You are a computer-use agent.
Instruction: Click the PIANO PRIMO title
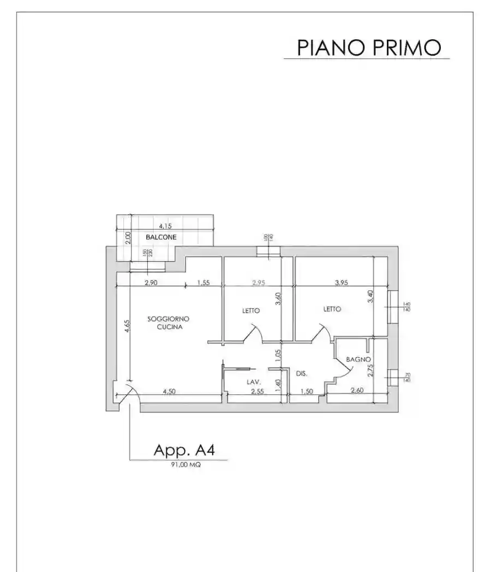(x=369, y=47)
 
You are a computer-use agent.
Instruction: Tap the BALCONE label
(x=161, y=237)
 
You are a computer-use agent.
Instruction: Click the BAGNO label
(x=358, y=360)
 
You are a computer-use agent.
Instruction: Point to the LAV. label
(x=253, y=382)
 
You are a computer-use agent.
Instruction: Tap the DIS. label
(x=302, y=374)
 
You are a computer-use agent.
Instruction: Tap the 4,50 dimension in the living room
(x=172, y=391)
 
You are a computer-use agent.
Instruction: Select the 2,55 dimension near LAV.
(x=258, y=391)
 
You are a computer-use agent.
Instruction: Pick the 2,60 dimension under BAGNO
(x=357, y=391)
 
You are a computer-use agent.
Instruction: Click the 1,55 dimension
(x=204, y=282)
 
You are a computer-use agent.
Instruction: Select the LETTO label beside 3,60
(x=251, y=311)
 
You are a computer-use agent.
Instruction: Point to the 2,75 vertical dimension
(x=371, y=370)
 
